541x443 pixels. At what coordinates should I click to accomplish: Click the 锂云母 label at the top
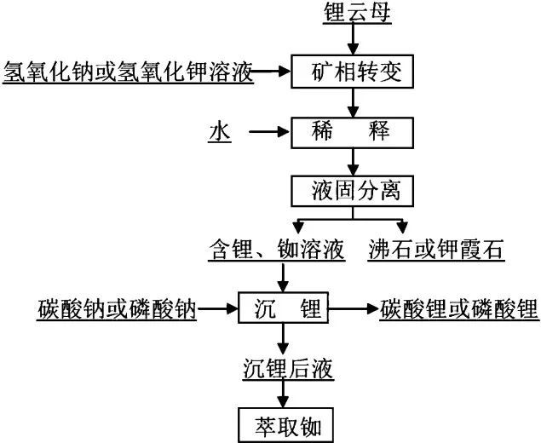357,13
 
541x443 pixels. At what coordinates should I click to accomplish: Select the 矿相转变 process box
352,72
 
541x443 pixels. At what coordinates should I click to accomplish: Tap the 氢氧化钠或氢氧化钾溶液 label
128,72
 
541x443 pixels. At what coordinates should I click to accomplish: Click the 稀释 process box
352,133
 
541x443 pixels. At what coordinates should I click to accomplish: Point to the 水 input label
220,133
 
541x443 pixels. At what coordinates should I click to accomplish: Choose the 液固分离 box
352,191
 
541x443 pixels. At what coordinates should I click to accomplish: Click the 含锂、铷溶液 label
276,249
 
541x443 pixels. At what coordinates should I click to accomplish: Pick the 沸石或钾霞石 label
435,249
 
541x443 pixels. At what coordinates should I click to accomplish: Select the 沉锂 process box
283,308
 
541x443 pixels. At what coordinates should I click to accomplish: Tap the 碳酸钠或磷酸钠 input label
117,309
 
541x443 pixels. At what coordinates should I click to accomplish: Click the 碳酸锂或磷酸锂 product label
459,309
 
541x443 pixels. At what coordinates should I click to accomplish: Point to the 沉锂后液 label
288,369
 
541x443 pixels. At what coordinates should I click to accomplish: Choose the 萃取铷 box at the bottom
286,425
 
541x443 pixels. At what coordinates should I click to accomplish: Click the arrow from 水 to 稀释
269,131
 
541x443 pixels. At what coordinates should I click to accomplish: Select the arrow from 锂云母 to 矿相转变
353,39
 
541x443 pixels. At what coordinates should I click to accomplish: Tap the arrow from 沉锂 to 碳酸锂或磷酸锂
354,308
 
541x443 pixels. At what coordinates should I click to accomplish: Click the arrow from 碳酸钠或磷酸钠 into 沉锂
217,308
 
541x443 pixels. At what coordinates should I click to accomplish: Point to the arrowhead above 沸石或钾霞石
402,227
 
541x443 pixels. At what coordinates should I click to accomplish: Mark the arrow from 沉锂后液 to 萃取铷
283,394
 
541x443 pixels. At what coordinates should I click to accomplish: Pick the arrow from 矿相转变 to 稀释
353,103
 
